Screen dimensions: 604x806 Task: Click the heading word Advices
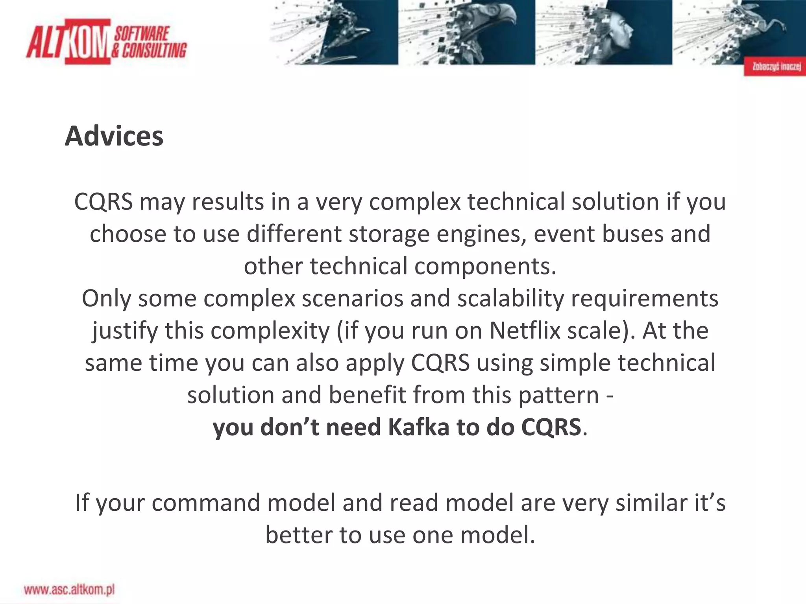(114, 136)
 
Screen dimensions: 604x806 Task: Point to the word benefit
(367, 395)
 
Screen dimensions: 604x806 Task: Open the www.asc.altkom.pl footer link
(69, 589)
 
